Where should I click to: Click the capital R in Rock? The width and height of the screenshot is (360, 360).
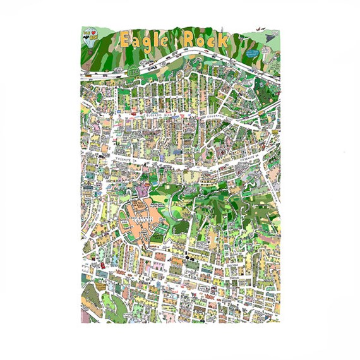(189, 39)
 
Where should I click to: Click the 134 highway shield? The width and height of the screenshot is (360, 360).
(133, 73)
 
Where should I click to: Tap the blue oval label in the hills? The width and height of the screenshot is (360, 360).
(253, 53)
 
